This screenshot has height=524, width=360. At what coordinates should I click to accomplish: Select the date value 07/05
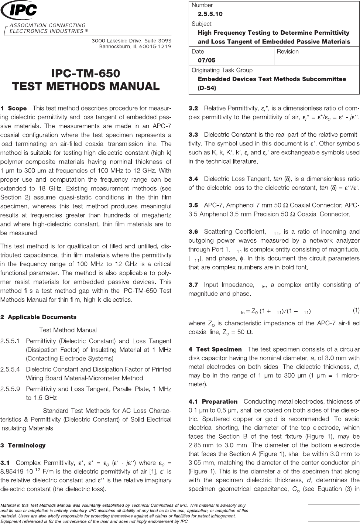click(x=207, y=60)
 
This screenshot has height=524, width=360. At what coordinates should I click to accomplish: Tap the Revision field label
click(x=288, y=51)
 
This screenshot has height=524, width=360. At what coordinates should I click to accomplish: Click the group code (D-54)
click(x=207, y=88)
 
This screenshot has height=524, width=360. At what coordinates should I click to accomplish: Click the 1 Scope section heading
click(x=14, y=109)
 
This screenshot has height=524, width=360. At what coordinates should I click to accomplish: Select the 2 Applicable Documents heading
click(x=38, y=317)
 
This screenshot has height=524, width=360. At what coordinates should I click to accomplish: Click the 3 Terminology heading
click(x=23, y=445)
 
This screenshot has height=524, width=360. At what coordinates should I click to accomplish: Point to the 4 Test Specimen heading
click(x=215, y=349)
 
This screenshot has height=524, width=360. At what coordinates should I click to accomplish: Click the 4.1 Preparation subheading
click(x=213, y=401)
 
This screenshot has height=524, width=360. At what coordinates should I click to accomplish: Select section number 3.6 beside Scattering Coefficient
click(x=193, y=232)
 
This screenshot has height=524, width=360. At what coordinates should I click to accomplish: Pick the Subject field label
click(x=202, y=24)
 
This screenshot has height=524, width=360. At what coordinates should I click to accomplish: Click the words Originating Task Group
click(x=222, y=70)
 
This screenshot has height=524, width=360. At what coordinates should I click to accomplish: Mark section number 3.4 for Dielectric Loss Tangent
click(x=193, y=179)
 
